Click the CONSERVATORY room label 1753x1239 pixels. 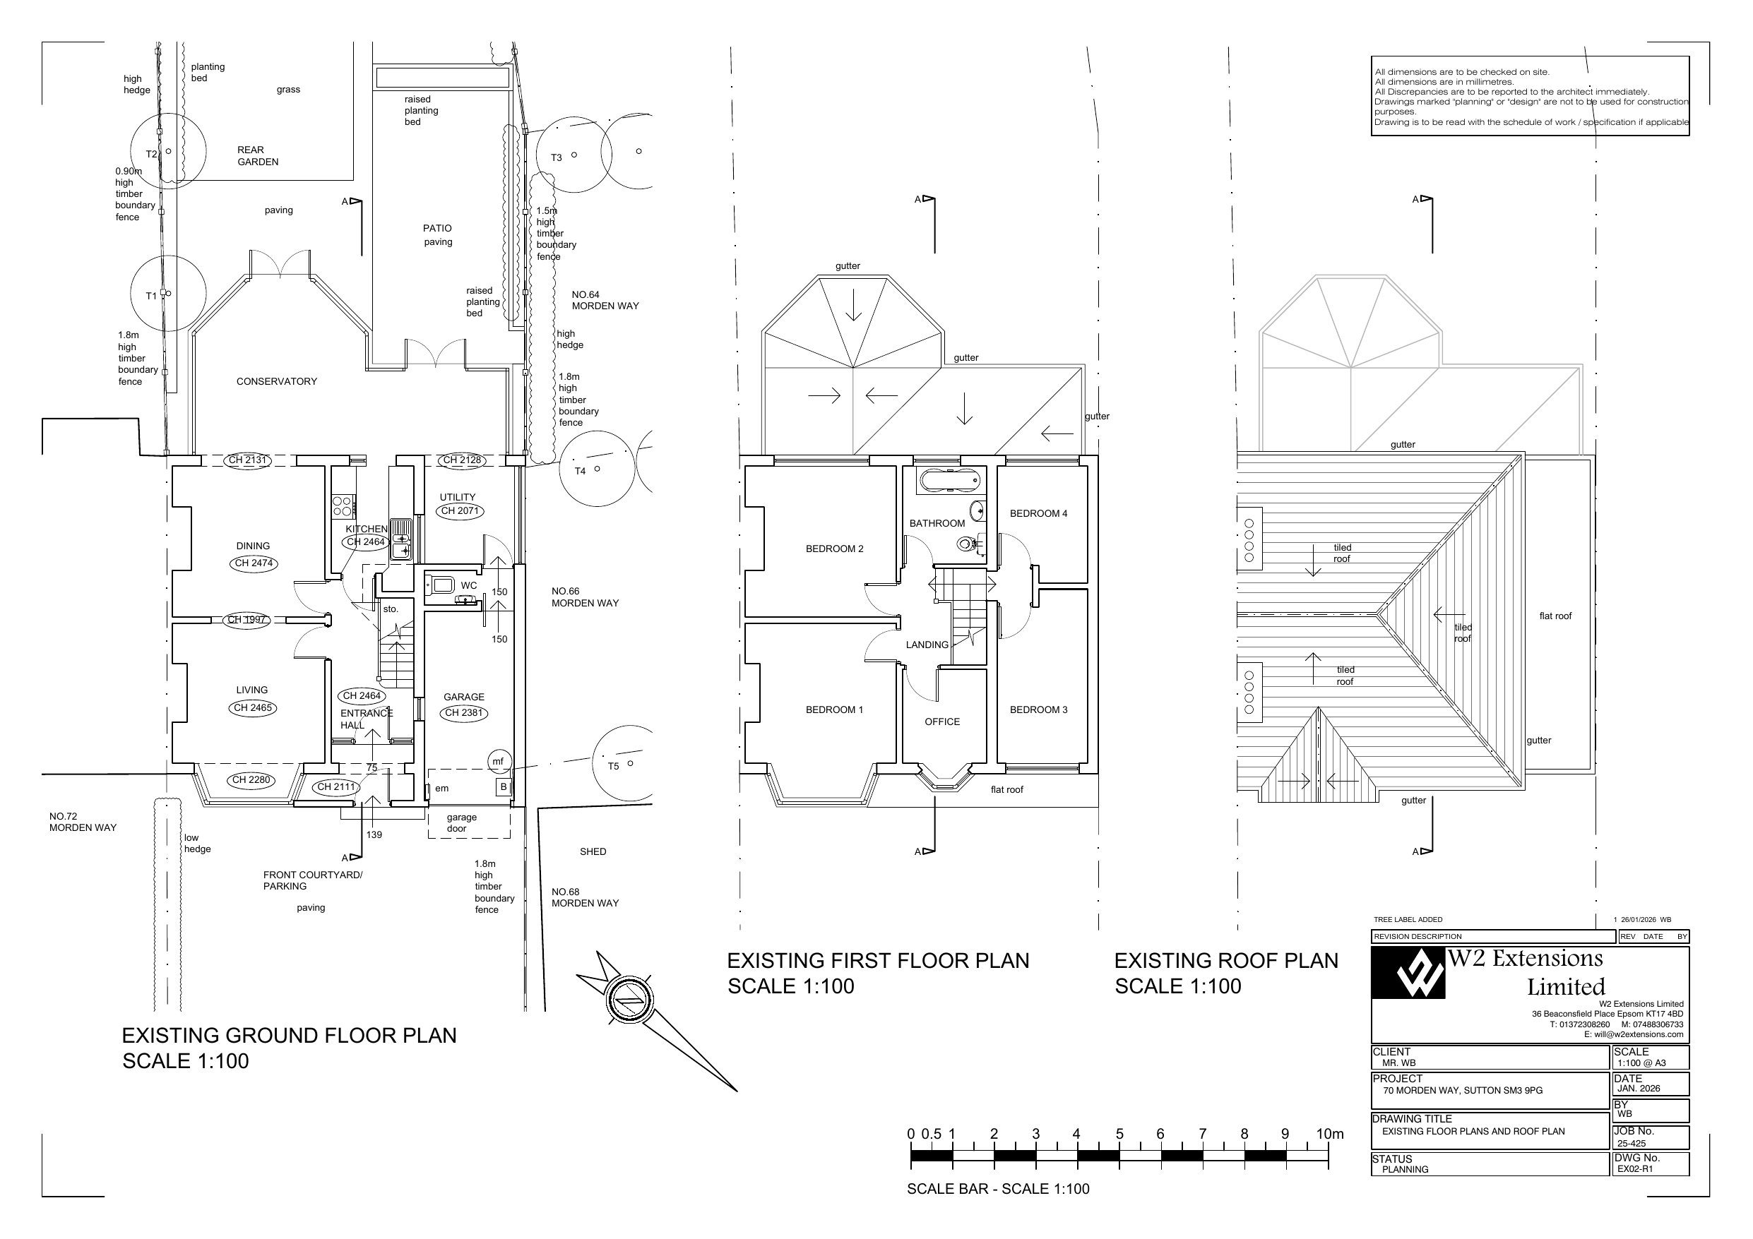[x=276, y=382]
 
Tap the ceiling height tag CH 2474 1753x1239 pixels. [x=254, y=563]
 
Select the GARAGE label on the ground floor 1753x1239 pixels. [x=464, y=697]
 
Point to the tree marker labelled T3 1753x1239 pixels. [x=556, y=158]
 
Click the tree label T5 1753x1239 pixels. [x=613, y=767]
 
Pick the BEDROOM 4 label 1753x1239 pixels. [x=1038, y=514]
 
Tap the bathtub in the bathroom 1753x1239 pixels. [x=949, y=481]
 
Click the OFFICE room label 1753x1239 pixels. [x=942, y=722]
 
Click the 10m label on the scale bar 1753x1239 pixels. [x=1330, y=1135]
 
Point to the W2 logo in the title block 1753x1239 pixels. [x=1408, y=974]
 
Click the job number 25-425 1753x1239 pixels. [x=1632, y=1144]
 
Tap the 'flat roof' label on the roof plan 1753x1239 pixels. [x=1555, y=616]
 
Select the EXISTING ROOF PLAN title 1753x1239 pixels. [x=1226, y=961]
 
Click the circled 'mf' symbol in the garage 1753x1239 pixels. [x=498, y=761]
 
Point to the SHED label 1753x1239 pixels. [x=593, y=851]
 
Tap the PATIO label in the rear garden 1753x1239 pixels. [x=437, y=228]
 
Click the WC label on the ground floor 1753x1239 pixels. [x=469, y=585]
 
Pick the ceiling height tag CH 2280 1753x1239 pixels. [x=251, y=780]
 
